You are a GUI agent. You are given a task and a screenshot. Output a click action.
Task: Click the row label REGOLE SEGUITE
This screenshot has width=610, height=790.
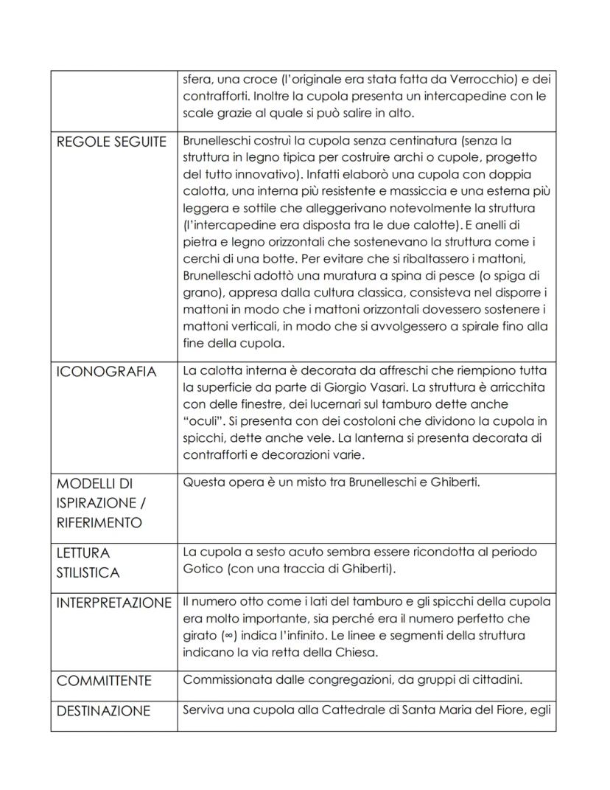pos(111,141)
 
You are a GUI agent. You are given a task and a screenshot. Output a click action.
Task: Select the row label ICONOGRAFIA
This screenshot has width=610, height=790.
pos(106,372)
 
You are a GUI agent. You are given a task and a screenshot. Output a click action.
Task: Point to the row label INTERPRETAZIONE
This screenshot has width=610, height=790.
pos(113,603)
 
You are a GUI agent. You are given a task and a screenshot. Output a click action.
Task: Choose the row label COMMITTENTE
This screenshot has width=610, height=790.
pos(104,681)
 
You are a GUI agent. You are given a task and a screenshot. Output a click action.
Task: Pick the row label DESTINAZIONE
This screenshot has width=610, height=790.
pos(103,711)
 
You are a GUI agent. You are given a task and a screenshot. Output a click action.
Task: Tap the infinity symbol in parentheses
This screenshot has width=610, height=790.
pos(234,635)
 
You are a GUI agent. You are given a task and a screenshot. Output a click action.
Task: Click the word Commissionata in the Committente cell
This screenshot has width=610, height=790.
pos(224,680)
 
